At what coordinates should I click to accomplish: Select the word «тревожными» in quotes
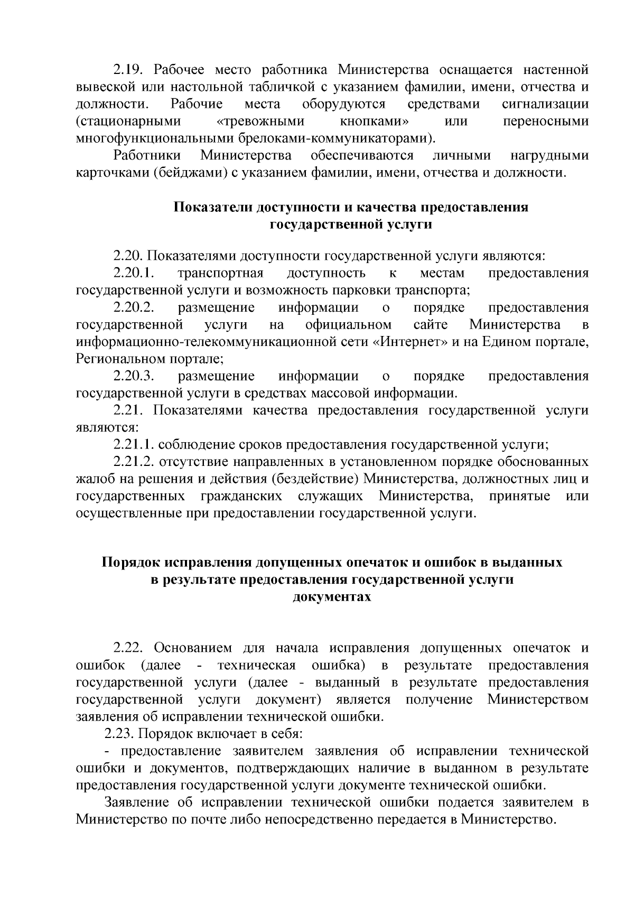[261, 122]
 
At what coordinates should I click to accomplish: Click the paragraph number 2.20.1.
[133, 273]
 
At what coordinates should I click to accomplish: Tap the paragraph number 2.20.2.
[133, 307]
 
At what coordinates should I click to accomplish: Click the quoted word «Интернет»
[407, 342]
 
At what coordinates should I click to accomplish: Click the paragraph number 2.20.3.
[133, 376]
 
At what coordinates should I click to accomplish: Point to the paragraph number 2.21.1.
[133, 445]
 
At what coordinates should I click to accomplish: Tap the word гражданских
[241, 497]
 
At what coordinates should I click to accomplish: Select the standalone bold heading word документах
[332, 597]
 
